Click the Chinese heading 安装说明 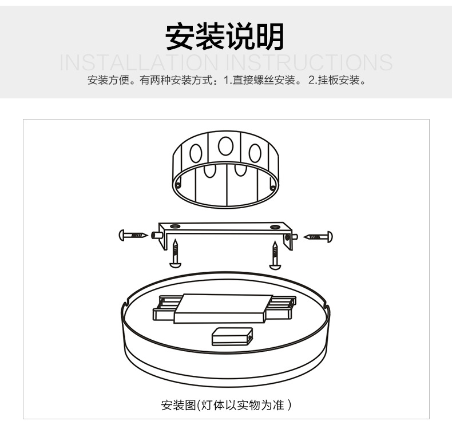coord(225,37)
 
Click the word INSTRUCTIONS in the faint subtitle coord(310,62)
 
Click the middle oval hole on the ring coord(226,146)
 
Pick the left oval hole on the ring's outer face coord(196,153)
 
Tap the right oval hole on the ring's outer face coord(255,153)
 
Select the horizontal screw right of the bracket coord(319,236)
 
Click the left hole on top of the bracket coord(175,227)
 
